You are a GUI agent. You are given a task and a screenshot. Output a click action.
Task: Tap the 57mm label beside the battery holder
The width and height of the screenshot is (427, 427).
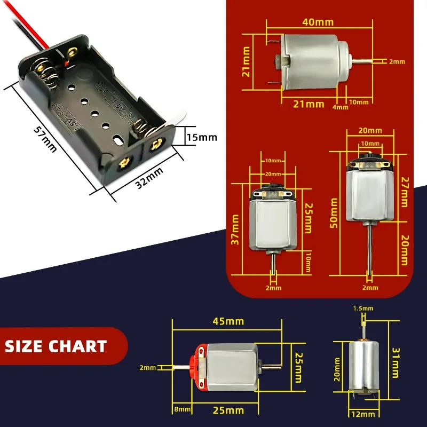pyautogui.click(x=45, y=138)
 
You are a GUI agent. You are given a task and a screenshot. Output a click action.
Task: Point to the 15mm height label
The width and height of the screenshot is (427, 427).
pyautogui.click(x=201, y=137)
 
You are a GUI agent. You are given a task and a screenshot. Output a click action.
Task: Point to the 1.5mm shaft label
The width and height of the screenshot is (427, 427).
pyautogui.click(x=363, y=309)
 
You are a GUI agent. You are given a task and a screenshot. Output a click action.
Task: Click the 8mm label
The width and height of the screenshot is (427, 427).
pyautogui.click(x=182, y=410)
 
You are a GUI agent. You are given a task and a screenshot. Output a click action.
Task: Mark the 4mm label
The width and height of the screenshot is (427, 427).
pyautogui.click(x=340, y=107)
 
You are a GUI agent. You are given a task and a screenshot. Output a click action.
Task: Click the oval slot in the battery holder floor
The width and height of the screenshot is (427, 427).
pyautogui.click(x=119, y=139)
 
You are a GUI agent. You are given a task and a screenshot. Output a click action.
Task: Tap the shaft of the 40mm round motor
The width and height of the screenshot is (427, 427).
pyautogui.click(x=363, y=61)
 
